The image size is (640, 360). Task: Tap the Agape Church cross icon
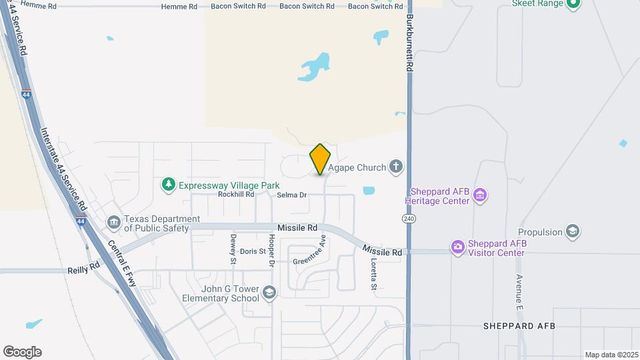(x=396, y=167)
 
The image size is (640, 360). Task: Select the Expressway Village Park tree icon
(x=169, y=185)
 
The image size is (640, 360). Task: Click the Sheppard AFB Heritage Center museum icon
(x=480, y=195)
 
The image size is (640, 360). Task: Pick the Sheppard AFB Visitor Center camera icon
(x=457, y=247)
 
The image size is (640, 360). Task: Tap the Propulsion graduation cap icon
(x=571, y=231)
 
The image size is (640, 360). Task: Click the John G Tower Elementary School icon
(x=268, y=293)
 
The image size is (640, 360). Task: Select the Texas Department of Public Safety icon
(x=114, y=222)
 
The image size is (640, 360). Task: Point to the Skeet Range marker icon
(x=573, y=4)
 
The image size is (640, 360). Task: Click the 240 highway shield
(x=408, y=219)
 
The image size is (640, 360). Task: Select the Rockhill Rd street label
(x=236, y=195)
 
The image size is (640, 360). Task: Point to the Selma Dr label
(x=291, y=195)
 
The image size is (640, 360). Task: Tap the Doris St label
(x=253, y=251)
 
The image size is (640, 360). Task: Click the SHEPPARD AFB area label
(x=519, y=326)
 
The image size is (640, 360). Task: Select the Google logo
(x=22, y=351)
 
